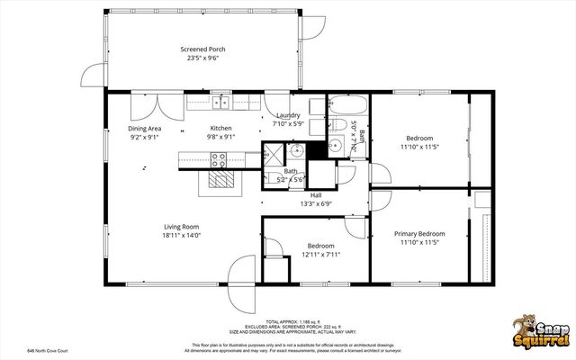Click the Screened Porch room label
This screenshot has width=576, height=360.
point(202,49)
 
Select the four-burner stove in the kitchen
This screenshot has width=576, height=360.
point(219,160)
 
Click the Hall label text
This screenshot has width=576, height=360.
point(316,195)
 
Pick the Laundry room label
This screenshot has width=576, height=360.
point(288,115)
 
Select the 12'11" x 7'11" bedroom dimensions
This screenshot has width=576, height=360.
point(321,255)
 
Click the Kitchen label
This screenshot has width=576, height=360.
point(220,129)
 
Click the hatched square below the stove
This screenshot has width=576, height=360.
point(221,181)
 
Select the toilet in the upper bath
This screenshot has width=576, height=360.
point(330,124)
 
